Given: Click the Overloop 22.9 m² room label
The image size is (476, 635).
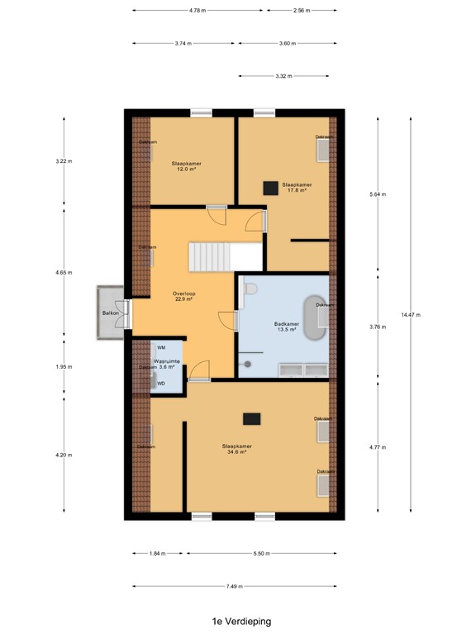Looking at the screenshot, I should (x=183, y=297).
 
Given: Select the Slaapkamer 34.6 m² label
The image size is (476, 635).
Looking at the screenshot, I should (x=237, y=449).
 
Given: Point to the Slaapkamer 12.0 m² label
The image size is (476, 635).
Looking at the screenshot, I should (x=186, y=166).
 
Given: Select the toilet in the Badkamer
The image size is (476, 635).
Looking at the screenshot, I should (x=250, y=289).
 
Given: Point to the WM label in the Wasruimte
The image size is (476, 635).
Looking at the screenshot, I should (x=161, y=348).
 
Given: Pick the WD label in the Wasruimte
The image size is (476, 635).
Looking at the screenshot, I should (x=161, y=384).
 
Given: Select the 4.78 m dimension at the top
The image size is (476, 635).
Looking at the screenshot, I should (x=197, y=11).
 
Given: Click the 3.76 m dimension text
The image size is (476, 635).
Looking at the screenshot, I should (x=378, y=327).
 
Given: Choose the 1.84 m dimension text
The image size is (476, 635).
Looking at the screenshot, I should (x=157, y=553).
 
